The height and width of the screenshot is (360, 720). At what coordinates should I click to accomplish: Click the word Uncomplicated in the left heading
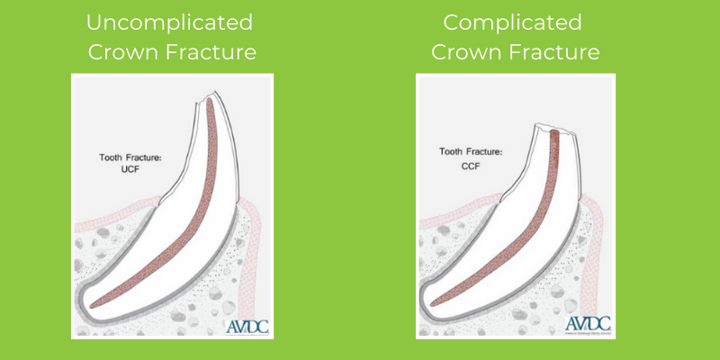[x=171, y=22]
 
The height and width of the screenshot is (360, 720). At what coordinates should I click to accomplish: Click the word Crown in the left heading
[x=123, y=52]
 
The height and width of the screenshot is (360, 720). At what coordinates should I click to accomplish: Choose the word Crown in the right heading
[x=467, y=52]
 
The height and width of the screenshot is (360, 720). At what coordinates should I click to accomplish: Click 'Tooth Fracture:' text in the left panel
[x=131, y=158]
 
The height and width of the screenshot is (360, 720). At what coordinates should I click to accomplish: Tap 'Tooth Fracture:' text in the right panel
[x=472, y=152]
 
